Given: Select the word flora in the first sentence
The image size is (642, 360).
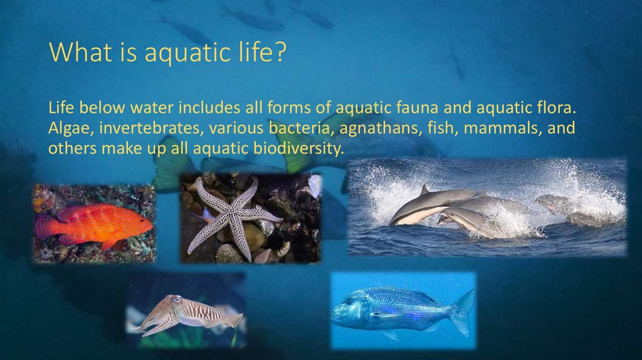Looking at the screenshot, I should [554, 109].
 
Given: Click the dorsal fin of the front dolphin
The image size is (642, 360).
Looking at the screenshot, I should [425, 189].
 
